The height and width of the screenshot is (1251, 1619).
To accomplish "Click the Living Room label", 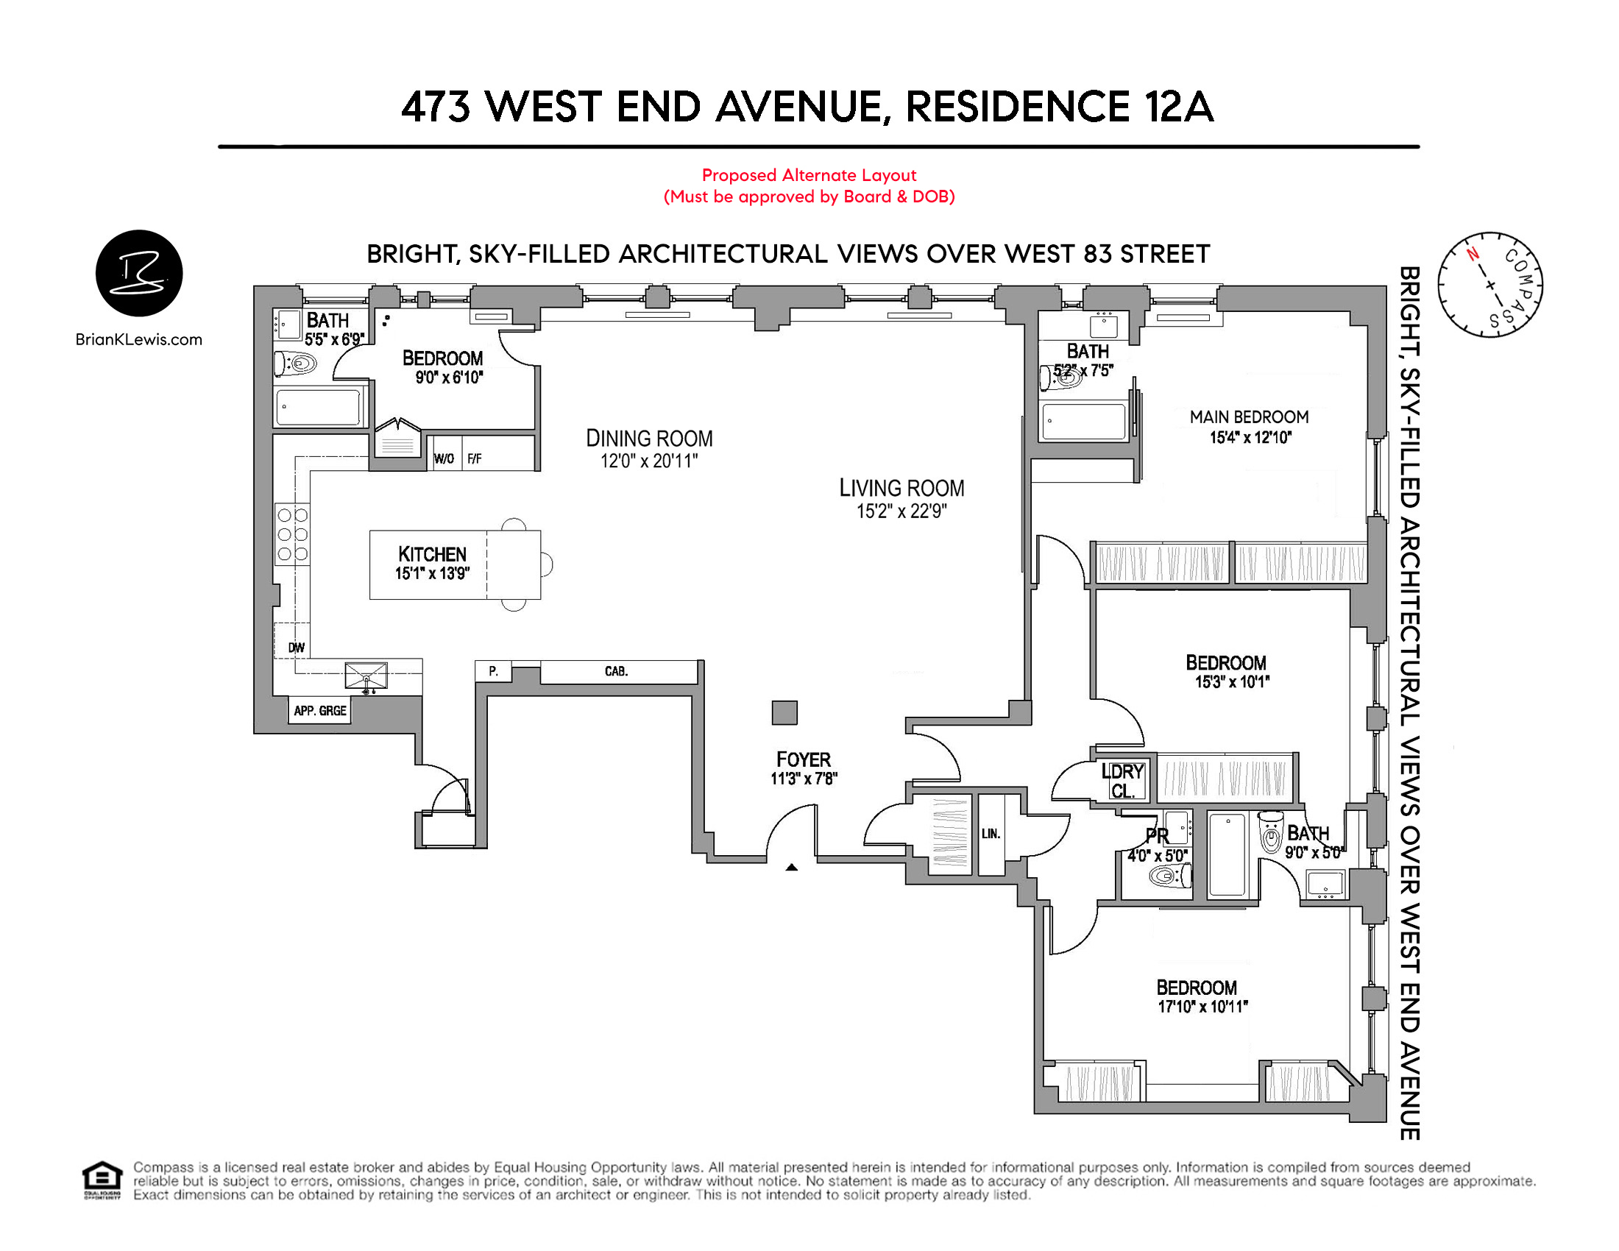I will point(901,489).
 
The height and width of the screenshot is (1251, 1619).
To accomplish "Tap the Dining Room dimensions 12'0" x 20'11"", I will point(648,461).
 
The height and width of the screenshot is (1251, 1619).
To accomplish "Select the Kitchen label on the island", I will point(432,554).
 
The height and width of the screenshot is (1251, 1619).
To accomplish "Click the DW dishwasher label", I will point(297,648).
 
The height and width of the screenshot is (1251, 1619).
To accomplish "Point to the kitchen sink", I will point(366,676).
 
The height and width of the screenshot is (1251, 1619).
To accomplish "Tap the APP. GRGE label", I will point(319,711).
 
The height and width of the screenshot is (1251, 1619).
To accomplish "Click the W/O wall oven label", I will point(444,458).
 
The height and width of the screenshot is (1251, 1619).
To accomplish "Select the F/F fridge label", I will point(475,458).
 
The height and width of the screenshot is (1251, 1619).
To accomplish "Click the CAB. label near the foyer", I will point(616,671).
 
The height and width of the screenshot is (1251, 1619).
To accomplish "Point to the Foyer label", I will point(804,759).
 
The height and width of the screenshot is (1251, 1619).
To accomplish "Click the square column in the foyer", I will point(784,712).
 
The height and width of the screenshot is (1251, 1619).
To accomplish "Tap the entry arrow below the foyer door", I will point(792,867).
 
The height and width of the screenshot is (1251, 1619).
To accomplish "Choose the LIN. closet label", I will point(991,834).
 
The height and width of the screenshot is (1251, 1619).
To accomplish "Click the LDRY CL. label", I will point(1123,781).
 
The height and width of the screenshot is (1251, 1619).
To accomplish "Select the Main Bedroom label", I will point(1249,417).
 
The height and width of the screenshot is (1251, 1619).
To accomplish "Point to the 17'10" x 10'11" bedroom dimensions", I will point(1203,1007).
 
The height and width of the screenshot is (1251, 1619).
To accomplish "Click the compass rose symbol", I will point(1490,285).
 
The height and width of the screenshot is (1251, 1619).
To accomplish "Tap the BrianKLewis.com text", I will point(138,339).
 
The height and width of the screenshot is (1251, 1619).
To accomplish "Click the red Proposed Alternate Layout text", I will point(809,175).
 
